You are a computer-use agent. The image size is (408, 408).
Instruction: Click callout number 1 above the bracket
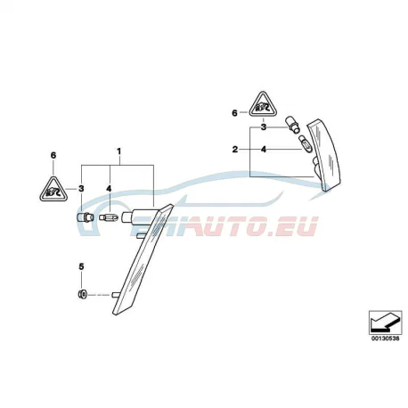click(118, 151)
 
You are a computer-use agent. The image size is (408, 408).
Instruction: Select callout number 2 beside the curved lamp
click(235, 150)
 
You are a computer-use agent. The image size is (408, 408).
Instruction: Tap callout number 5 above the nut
click(81, 266)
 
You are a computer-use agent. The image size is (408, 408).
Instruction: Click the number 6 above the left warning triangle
click(53, 155)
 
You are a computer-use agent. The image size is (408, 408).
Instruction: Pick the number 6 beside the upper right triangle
click(234, 113)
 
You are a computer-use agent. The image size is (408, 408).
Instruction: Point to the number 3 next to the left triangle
click(81, 189)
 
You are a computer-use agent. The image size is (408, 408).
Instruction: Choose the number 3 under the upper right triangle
click(264, 127)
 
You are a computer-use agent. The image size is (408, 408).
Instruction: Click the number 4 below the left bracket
click(109, 189)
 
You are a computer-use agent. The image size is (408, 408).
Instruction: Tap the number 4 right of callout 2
click(264, 150)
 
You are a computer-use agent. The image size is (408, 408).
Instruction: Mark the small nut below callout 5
click(82, 295)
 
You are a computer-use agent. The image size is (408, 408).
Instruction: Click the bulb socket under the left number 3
click(86, 217)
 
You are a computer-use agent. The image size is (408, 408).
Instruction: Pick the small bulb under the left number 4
click(110, 218)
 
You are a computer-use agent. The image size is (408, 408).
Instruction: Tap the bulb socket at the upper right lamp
click(292, 125)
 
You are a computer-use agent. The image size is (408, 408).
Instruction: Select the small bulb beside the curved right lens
click(306, 143)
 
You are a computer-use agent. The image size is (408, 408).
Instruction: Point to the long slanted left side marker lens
click(143, 259)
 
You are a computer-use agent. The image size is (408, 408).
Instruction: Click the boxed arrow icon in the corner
click(385, 322)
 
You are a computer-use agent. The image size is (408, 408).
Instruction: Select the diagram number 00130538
click(385, 339)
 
